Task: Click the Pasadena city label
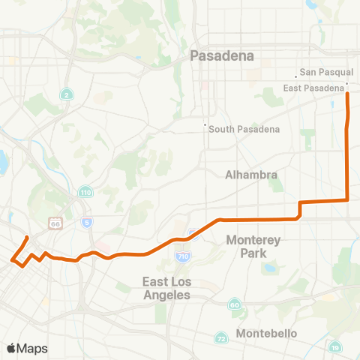[222, 55]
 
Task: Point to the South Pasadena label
[244, 129]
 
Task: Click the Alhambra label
[252, 175]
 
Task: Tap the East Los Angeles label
[166, 289]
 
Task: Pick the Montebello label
[266, 333]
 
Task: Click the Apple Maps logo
[26, 348]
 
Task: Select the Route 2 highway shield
[67, 94]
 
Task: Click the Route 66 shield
[54, 223]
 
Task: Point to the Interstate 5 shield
[88, 222]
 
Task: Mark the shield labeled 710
[183, 256]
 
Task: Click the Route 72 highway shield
[221, 339]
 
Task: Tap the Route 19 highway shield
[334, 346]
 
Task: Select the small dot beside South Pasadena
[205, 125]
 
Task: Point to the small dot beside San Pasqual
[295, 76]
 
